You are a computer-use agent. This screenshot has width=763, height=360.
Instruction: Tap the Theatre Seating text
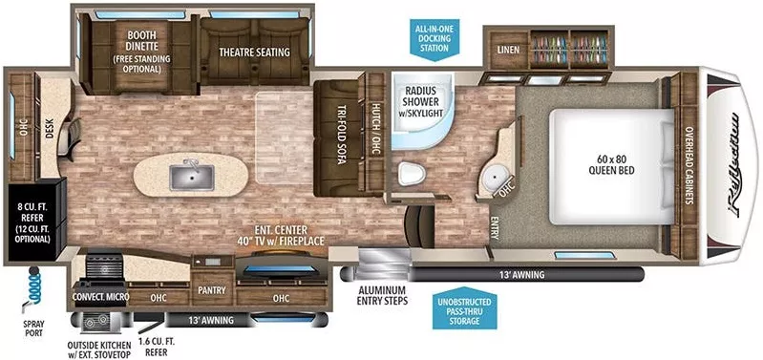[x=253, y=53]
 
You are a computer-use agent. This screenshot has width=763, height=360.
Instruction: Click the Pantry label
[x=209, y=286]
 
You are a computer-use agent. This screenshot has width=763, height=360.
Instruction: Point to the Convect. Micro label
[x=100, y=297]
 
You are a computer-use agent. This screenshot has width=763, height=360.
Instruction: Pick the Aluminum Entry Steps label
[x=382, y=294]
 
